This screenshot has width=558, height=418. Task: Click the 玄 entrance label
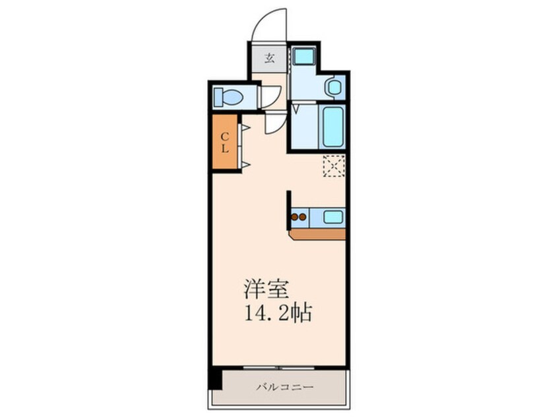[x=269, y=57]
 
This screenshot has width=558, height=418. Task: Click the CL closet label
[x=225, y=142]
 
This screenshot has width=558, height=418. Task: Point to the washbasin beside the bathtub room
[x=333, y=87]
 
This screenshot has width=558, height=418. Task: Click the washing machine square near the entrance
[x=305, y=57]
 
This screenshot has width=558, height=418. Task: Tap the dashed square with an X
[x=334, y=165]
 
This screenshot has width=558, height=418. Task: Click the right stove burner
[x=304, y=215]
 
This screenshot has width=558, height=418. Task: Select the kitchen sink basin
[x=332, y=215]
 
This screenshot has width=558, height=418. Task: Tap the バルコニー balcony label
[x=285, y=387]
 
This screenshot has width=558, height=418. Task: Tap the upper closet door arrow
[x=243, y=126]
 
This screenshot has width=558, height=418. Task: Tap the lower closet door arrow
[x=243, y=163]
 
